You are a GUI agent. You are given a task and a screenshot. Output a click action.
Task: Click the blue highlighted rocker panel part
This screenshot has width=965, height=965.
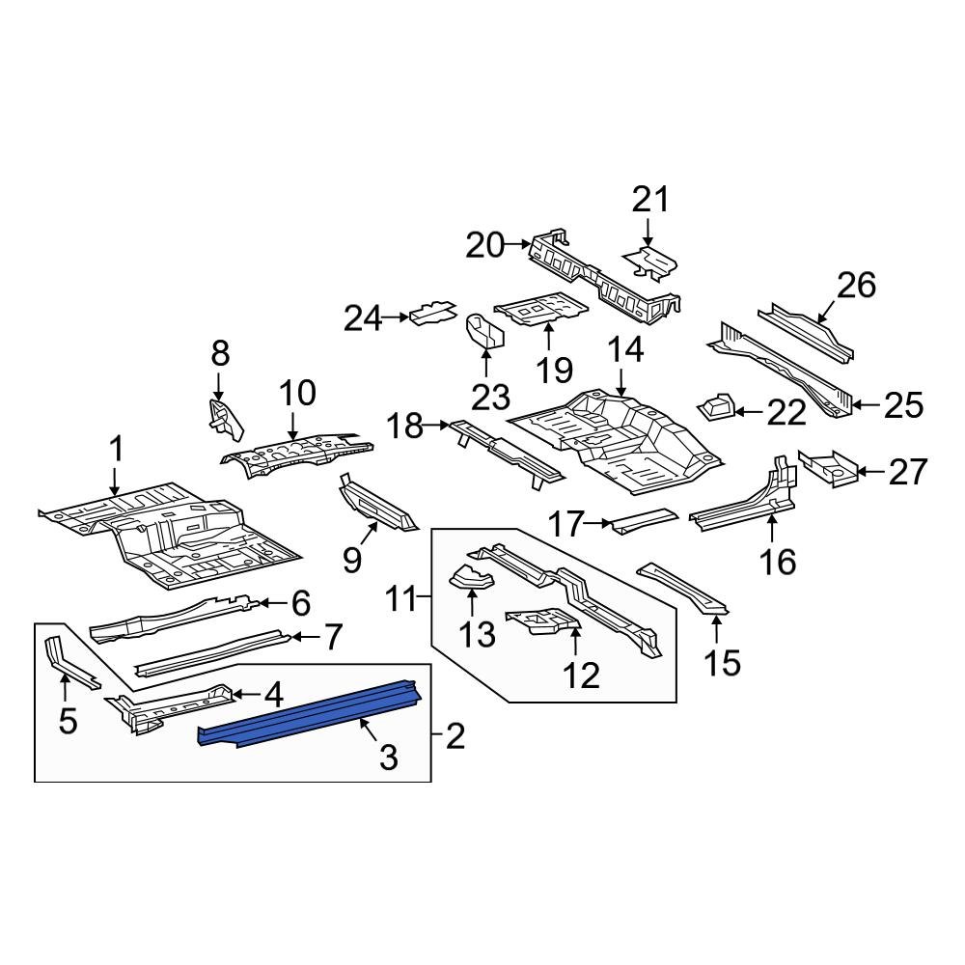pos(309,714)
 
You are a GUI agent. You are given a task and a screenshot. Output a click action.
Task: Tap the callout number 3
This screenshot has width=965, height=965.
pos(388,758)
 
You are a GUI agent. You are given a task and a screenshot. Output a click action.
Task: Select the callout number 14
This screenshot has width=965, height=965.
pos(625,350)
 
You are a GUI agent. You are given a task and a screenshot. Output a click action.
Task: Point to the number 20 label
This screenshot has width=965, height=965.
pos(484,246)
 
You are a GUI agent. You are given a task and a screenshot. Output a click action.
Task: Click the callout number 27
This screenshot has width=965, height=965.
pos(907,472)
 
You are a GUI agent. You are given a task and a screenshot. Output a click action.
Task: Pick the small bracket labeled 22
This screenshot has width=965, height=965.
pos(715,408)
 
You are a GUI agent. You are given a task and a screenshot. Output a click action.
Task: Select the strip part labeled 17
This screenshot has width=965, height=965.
pos(642,519)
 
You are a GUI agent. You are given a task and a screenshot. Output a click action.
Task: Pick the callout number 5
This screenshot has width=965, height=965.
pos(67,720)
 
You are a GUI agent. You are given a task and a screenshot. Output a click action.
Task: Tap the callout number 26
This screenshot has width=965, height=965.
pos(856,286)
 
